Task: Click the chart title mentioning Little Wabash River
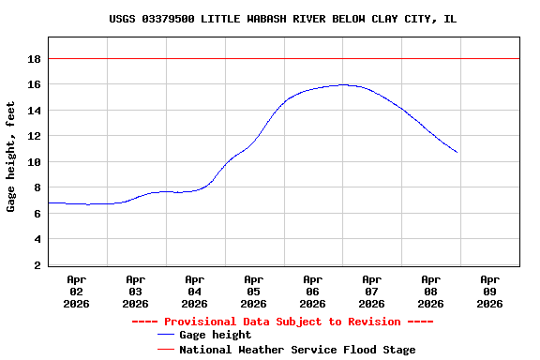coord(282,19)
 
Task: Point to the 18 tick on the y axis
coord(34,58)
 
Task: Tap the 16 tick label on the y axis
coord(34,84)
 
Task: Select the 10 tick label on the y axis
coord(34,161)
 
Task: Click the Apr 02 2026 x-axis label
coord(77,291)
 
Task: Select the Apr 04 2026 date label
coord(195,291)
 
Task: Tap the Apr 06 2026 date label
coord(312,291)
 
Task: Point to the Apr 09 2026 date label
coord(489,291)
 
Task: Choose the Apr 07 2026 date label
coord(371,291)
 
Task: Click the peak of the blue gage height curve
coord(343,84)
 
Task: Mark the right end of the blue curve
coord(457,152)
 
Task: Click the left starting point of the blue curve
coord(49,202)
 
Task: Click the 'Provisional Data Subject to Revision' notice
coord(282,322)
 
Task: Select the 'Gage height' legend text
coord(215,335)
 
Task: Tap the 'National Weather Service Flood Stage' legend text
coord(297,349)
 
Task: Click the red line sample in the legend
coord(166,349)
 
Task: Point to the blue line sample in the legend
coord(166,335)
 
